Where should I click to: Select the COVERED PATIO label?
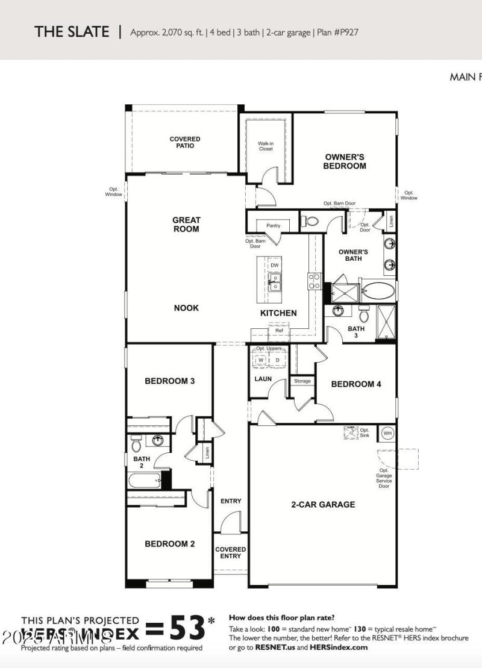[185, 142]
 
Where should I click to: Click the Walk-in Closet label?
[266, 146]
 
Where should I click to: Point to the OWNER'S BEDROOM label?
[345, 161]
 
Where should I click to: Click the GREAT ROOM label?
[186, 225]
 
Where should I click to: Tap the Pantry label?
[273, 226]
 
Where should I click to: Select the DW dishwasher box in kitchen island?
[274, 265]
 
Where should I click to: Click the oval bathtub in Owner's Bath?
[378, 292]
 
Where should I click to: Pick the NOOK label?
[186, 308]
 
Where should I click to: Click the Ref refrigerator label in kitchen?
[279, 331]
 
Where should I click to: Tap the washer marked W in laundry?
[262, 360]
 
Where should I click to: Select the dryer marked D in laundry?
[278, 360]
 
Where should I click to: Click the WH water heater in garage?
[387, 433]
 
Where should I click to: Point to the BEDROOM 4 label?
[356, 384]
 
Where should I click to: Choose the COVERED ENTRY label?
[231, 552]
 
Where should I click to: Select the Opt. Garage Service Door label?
[384, 478]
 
